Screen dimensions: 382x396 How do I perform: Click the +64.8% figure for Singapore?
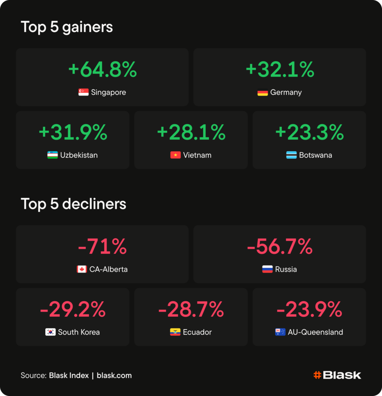pos(103,69)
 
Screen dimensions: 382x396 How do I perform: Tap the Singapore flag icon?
pos(84,92)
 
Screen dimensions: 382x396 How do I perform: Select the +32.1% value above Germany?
pos(280,69)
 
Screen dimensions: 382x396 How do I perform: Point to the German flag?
pos(262,92)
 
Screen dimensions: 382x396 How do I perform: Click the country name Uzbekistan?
pos(79,155)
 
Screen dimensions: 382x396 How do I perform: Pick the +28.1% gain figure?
pos(191,132)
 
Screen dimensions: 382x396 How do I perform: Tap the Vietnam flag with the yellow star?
pos(175,155)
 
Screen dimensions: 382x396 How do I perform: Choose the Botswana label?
pos(315,155)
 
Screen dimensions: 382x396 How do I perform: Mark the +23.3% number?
pos(310,132)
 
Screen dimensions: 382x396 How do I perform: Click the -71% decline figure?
pos(103,246)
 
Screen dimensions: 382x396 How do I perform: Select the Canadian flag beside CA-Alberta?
pos(82,269)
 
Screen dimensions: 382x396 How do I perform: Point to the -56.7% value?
pos(280,246)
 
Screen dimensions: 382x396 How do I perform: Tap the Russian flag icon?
pos(267,269)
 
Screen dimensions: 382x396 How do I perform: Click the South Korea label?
pos(79,332)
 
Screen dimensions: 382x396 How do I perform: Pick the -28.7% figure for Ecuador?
pos(191,309)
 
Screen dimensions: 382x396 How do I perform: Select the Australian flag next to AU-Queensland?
pos(280,332)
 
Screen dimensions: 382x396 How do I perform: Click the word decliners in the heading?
pos(94,204)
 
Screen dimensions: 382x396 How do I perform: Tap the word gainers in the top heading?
pos(87,27)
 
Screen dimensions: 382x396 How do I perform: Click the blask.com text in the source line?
pos(114,376)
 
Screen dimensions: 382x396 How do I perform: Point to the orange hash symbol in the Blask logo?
pos(317,375)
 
